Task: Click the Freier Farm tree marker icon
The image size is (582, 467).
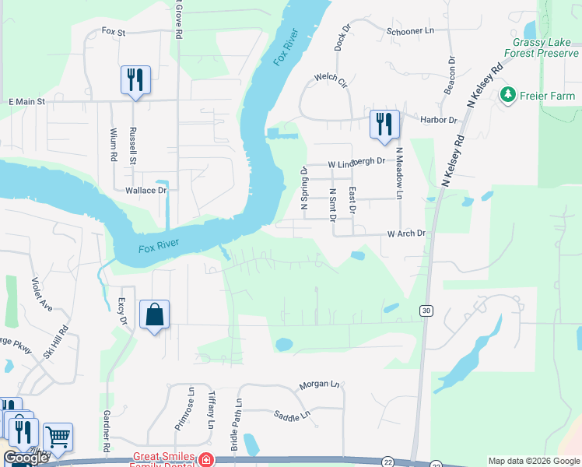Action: point(509,95)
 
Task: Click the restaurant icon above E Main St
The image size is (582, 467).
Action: point(135,80)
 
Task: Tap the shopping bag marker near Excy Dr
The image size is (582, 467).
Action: point(154,315)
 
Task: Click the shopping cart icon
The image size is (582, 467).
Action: point(58,438)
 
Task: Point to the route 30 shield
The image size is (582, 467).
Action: point(426,311)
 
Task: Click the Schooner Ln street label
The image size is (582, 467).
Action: point(409,31)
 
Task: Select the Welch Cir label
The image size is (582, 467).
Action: point(330,79)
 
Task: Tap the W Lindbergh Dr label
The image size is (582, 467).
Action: point(356,163)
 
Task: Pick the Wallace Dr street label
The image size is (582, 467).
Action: point(146,190)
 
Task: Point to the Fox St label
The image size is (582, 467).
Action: point(114,32)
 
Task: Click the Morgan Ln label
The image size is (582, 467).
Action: point(320,385)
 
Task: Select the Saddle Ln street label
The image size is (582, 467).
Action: point(292,416)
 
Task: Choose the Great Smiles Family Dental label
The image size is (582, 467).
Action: point(163,461)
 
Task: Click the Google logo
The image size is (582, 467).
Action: point(26,458)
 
